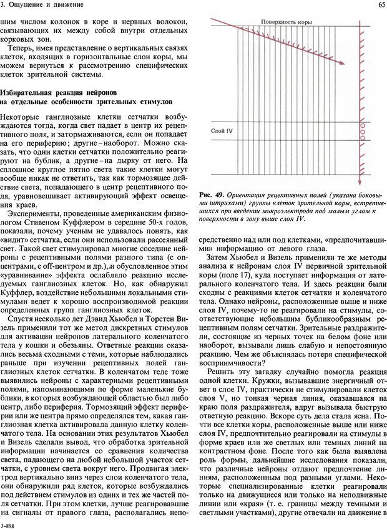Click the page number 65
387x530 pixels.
pyautogui.click(x=381, y=6)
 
